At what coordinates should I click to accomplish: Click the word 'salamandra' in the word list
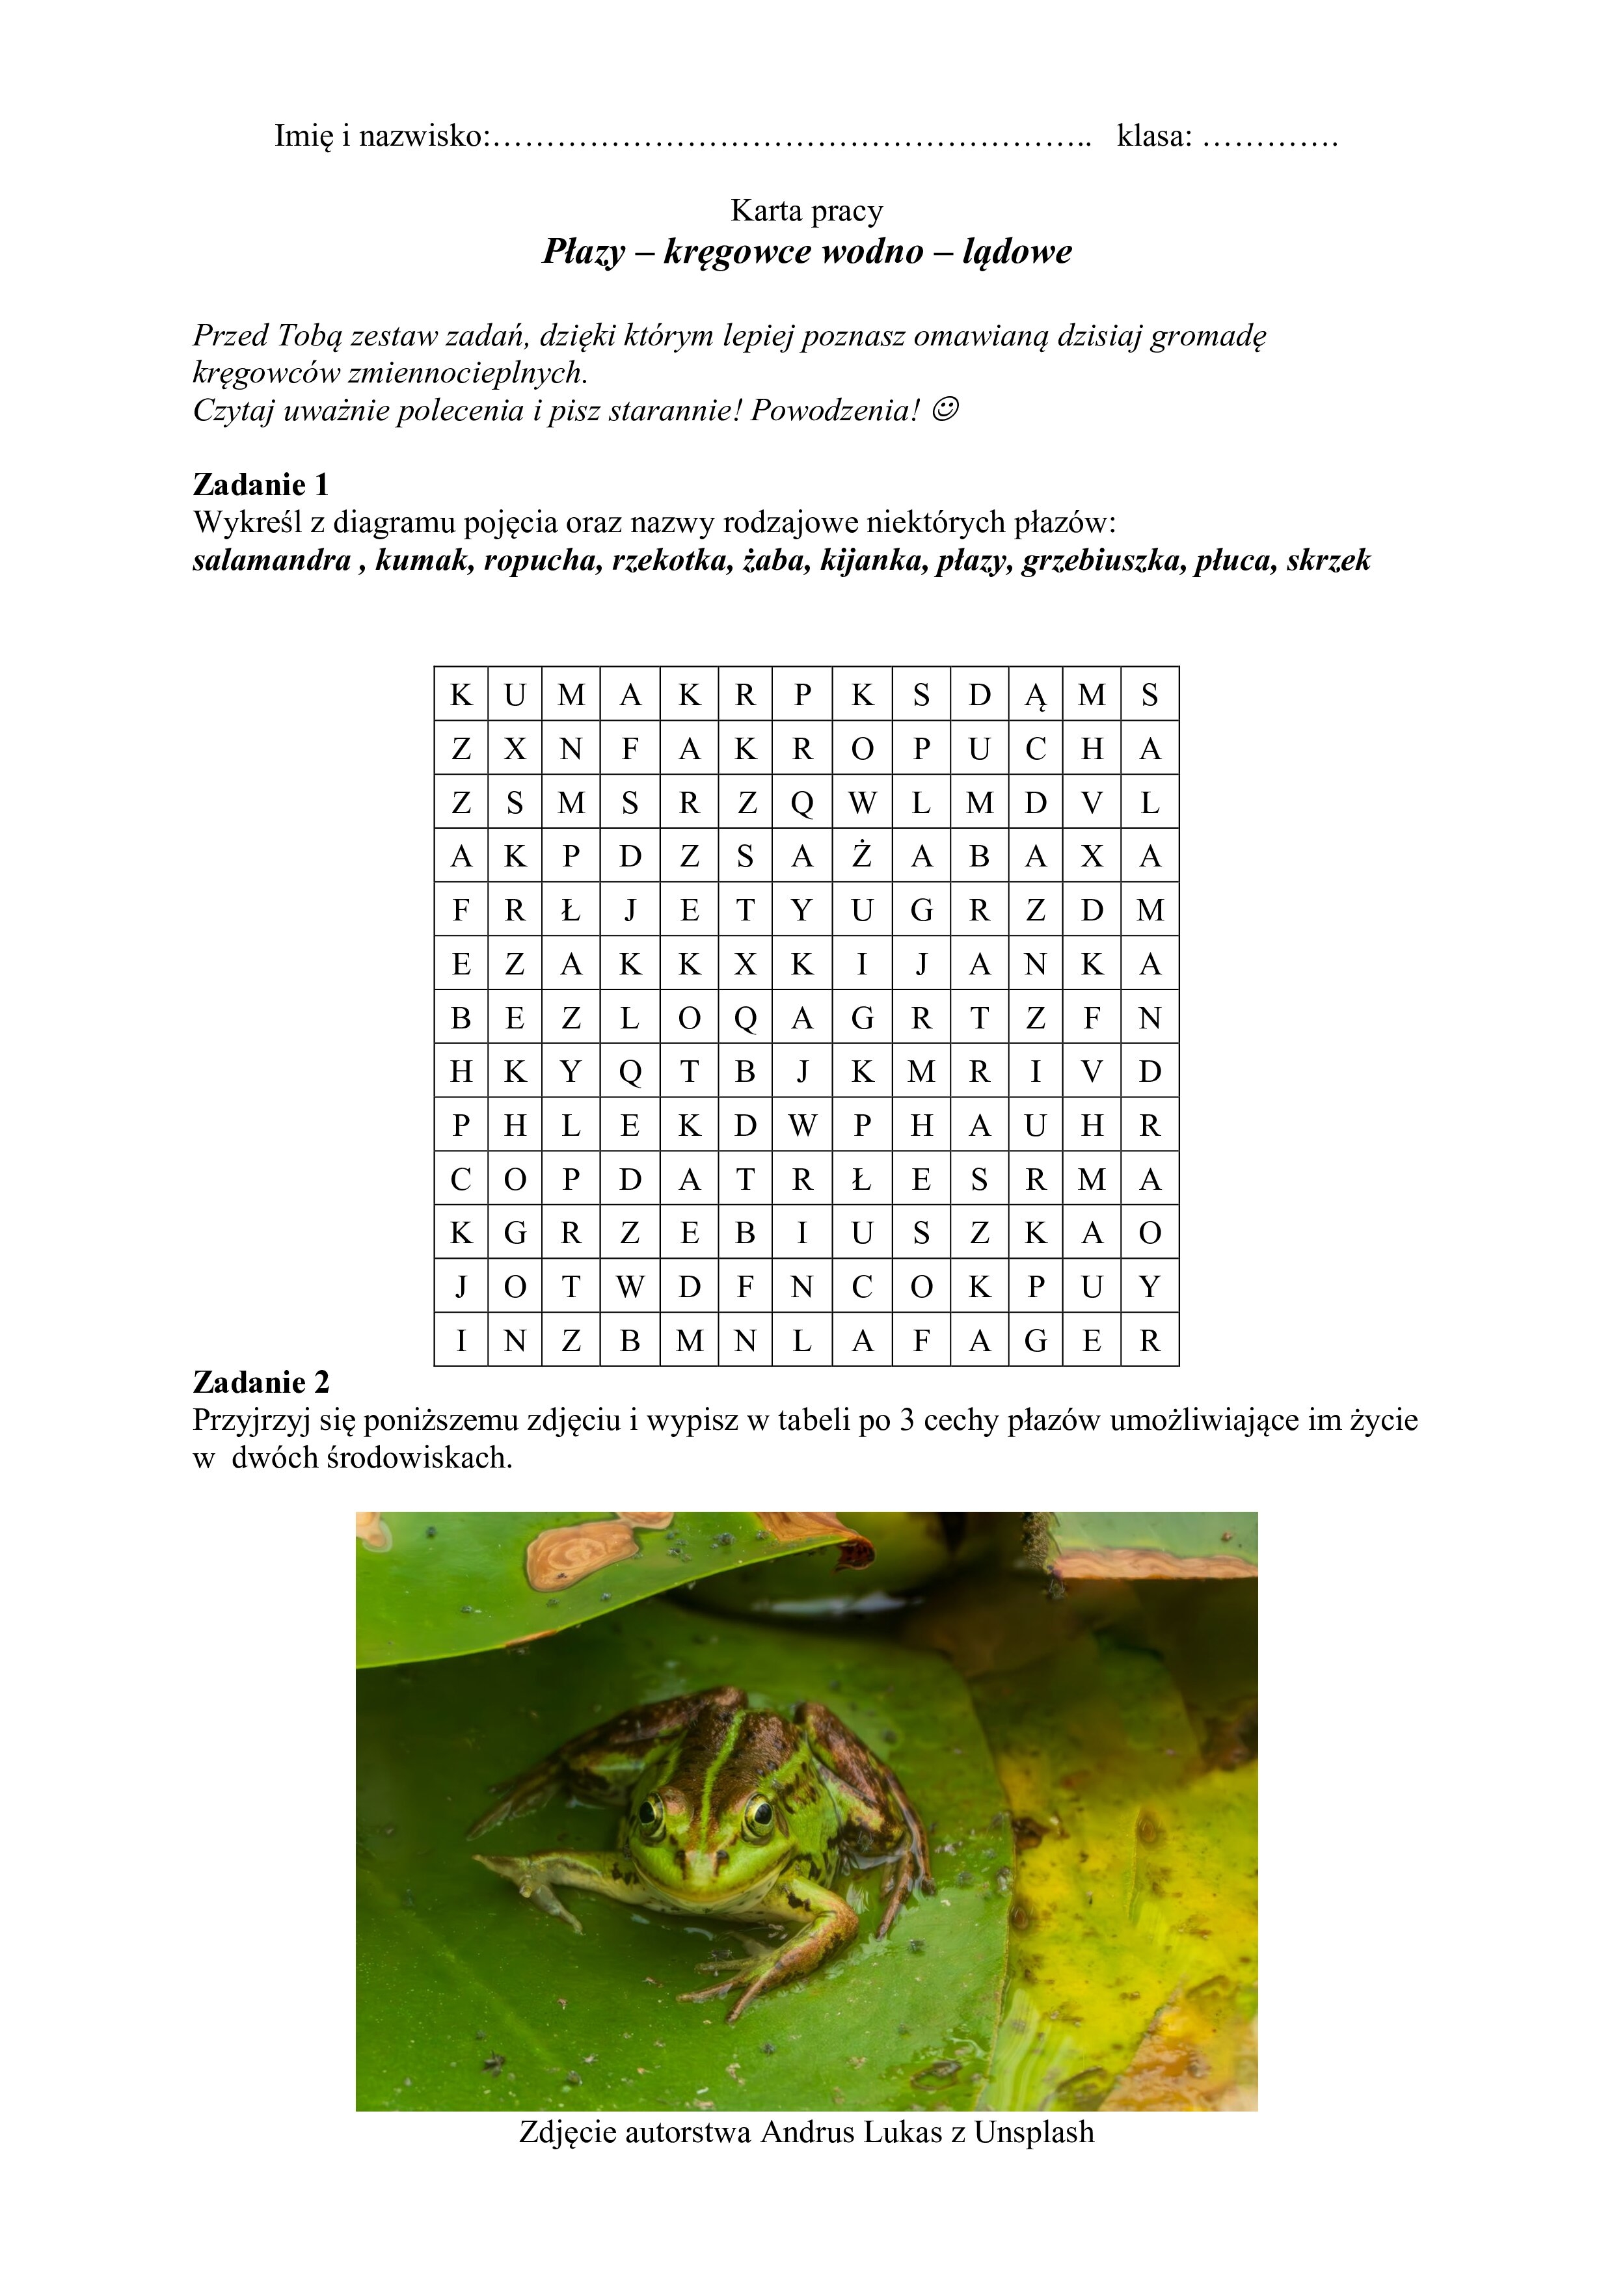coord(271,561)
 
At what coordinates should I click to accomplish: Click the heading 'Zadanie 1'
coord(260,485)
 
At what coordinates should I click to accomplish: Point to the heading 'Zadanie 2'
coord(260,1382)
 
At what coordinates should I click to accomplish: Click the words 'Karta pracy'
coord(806,211)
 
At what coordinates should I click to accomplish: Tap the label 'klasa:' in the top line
coord(1154,136)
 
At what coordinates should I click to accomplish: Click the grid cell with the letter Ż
coord(862,855)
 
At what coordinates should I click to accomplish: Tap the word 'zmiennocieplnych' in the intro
coord(478,373)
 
